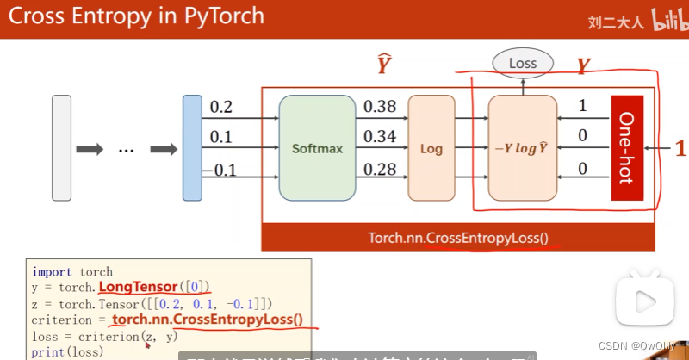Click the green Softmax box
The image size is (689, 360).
317,148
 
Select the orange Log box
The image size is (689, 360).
431,148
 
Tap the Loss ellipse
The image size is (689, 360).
522,63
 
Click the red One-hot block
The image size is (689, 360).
626,148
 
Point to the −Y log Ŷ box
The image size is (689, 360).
522,148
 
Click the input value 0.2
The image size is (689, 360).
221,108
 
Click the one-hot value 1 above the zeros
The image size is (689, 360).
582,106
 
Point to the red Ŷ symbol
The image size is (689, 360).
384,65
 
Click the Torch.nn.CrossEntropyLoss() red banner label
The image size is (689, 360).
457,238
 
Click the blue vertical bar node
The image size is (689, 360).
191,148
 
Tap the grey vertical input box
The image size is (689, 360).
61,148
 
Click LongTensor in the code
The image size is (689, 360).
136,287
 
